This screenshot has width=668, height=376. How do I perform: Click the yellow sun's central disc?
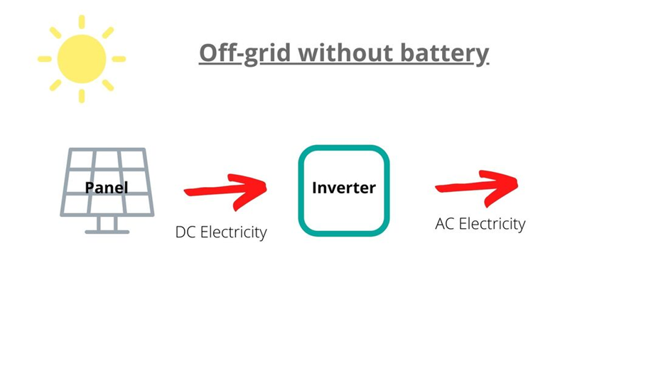click(x=82, y=59)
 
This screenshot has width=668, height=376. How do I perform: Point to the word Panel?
click(x=107, y=188)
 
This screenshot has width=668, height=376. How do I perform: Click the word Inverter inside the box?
click(x=344, y=188)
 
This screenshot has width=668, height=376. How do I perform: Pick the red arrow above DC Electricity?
click(x=225, y=188)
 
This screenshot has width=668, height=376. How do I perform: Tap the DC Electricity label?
click(x=221, y=232)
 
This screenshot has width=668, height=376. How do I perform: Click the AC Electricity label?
click(x=480, y=224)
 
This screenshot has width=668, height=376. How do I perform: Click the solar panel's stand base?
click(x=107, y=231)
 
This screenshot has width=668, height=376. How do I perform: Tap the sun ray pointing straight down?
click(x=82, y=96)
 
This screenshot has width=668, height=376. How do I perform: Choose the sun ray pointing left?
click(x=45, y=59)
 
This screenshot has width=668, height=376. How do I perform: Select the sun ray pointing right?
click(x=119, y=59)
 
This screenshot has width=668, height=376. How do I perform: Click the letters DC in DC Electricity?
click(x=185, y=232)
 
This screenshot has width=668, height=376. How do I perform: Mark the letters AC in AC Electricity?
click(x=445, y=224)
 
